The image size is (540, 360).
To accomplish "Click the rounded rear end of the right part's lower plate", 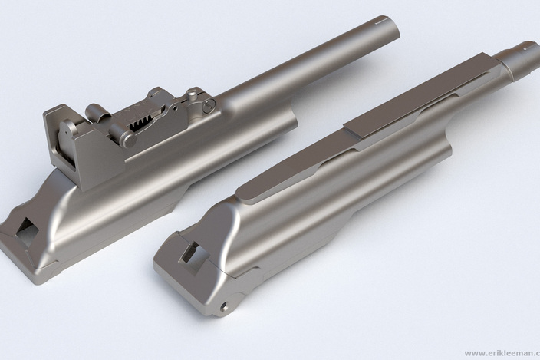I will tap(245, 191).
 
